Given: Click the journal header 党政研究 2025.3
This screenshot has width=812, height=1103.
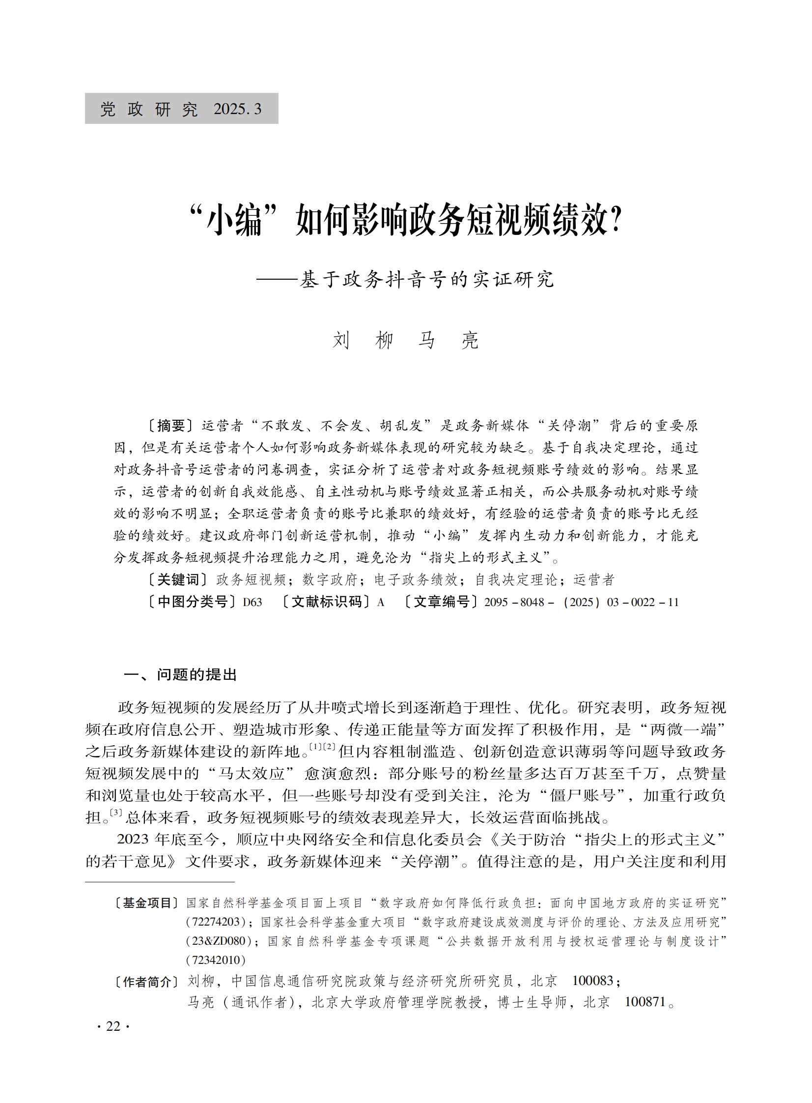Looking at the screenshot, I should point(181,109).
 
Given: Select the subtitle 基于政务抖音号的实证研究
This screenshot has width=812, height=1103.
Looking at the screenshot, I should point(427,279).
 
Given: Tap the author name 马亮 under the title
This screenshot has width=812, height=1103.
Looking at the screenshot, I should point(448,340).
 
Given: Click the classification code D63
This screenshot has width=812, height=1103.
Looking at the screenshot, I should point(252,602).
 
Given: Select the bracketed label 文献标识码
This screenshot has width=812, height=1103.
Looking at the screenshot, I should point(327,602).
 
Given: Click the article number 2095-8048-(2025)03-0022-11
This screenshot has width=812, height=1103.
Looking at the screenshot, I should point(582,602).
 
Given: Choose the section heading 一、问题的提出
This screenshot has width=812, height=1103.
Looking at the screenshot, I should point(180,675).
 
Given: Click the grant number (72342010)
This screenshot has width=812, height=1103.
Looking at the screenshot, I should point(216,960).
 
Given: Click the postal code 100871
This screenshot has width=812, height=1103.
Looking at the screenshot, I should point(644,1002).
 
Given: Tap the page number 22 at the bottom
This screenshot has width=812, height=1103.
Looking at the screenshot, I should point(113,1026).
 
